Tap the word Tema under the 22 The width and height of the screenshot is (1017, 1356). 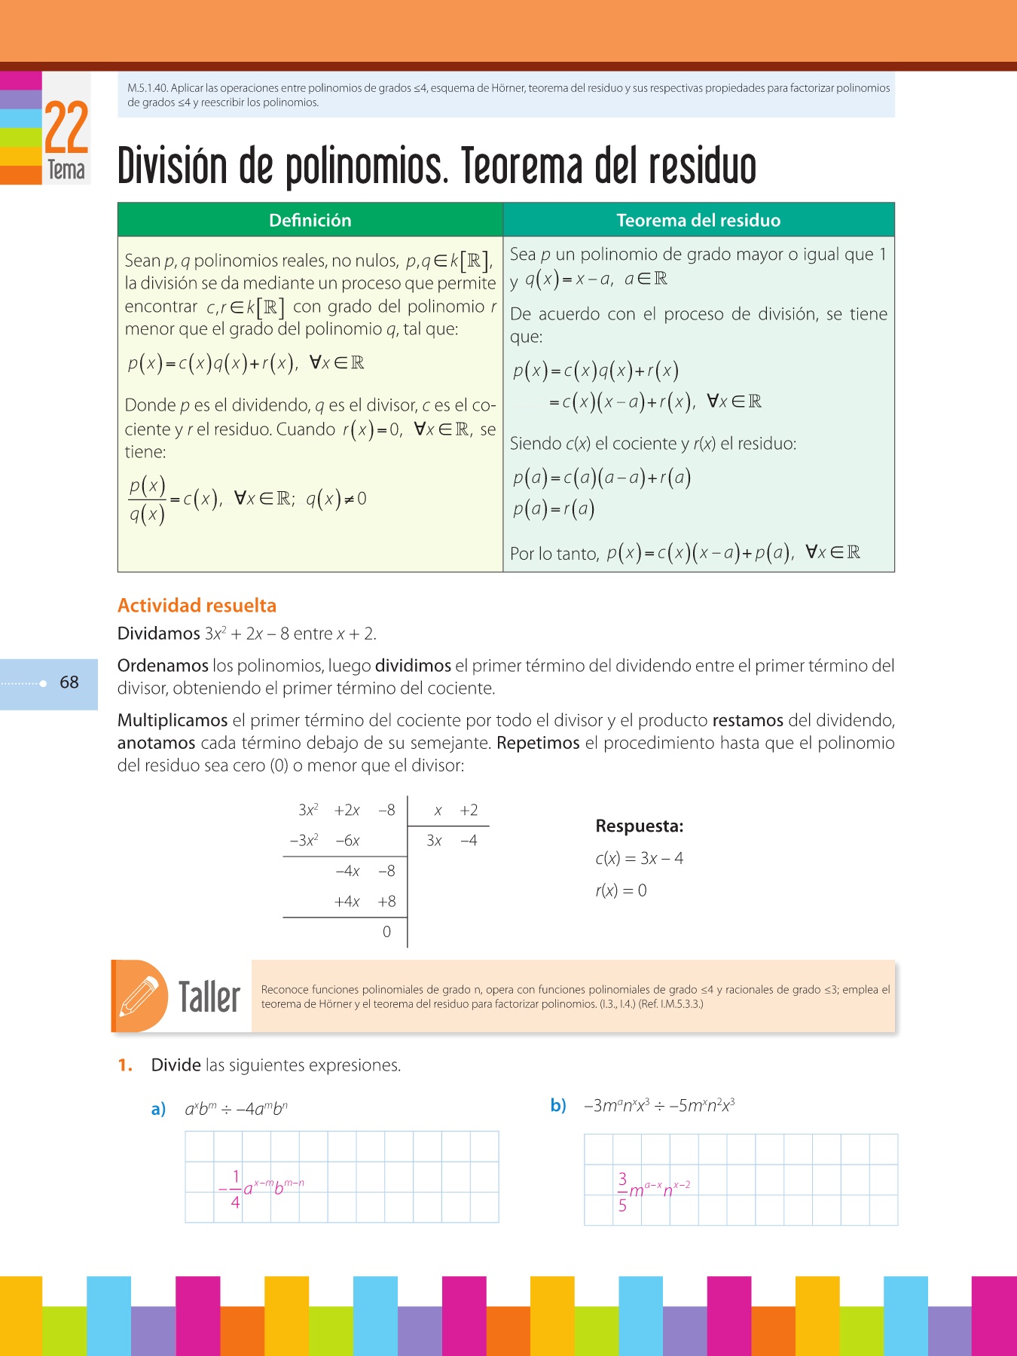(66, 169)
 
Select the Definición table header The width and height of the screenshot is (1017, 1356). (310, 220)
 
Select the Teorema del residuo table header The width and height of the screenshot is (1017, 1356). (698, 220)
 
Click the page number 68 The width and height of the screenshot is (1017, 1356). (69, 683)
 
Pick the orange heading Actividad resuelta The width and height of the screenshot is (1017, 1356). (197, 606)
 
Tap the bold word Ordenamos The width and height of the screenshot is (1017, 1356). (163, 666)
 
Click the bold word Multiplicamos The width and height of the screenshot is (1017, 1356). (173, 721)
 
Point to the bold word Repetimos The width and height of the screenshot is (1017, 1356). (538, 744)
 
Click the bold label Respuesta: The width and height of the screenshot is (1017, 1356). (640, 826)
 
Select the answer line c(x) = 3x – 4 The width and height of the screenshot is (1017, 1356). (640, 859)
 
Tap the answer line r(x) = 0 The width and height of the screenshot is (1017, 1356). (621, 891)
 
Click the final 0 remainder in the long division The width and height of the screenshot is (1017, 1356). (386, 932)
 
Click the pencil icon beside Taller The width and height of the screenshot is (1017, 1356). (140, 996)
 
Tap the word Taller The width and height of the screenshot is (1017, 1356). (209, 997)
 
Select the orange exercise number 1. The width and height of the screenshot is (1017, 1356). (125, 1065)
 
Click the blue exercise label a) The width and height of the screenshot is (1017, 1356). (158, 1110)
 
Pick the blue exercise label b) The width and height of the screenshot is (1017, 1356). (558, 1106)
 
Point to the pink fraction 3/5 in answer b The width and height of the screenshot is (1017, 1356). (622, 1192)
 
